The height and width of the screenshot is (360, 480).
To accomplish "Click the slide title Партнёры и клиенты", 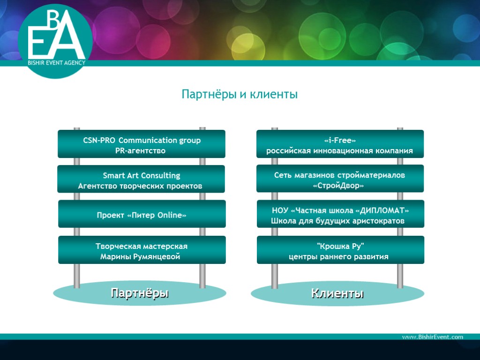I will (x=240, y=95).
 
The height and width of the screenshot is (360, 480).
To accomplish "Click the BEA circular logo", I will (x=55, y=40).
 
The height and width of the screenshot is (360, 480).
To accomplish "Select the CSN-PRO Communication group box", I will (x=141, y=144).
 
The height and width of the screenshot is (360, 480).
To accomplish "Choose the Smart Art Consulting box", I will (x=141, y=179).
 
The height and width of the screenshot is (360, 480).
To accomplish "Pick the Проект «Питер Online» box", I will (x=142, y=214).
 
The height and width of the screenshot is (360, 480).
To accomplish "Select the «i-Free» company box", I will (x=340, y=144).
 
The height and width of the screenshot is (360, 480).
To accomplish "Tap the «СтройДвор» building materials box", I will (x=340, y=179).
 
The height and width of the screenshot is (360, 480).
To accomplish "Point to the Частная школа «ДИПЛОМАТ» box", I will (x=340, y=214).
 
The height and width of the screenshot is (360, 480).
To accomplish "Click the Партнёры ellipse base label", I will (x=140, y=293).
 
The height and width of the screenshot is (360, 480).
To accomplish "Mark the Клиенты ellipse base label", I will (x=337, y=294).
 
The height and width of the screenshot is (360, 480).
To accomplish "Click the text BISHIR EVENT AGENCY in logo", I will (x=56, y=62).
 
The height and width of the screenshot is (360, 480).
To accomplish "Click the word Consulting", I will (x=161, y=175).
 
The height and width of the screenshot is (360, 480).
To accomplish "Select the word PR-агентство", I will (x=140, y=151).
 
